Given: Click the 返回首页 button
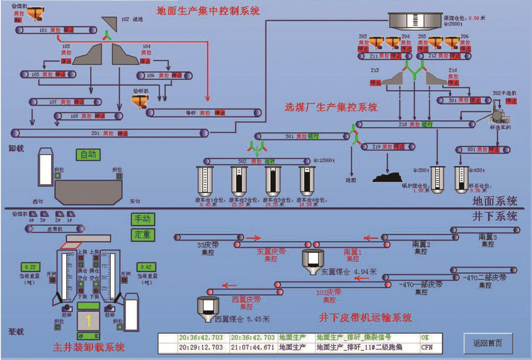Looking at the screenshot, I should coord(489,343).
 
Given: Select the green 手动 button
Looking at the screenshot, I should coord(143,219).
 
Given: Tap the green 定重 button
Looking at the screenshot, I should coord(143,234).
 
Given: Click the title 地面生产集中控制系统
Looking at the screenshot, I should coord(208,11).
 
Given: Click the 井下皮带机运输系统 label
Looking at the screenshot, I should coord(365,318).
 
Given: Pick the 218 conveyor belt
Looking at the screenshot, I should coord(416,124).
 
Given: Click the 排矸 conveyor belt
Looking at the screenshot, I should coord(205,112).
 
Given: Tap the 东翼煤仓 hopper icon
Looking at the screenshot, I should coord(312,259).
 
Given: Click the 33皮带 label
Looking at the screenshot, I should coord(206,245).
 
